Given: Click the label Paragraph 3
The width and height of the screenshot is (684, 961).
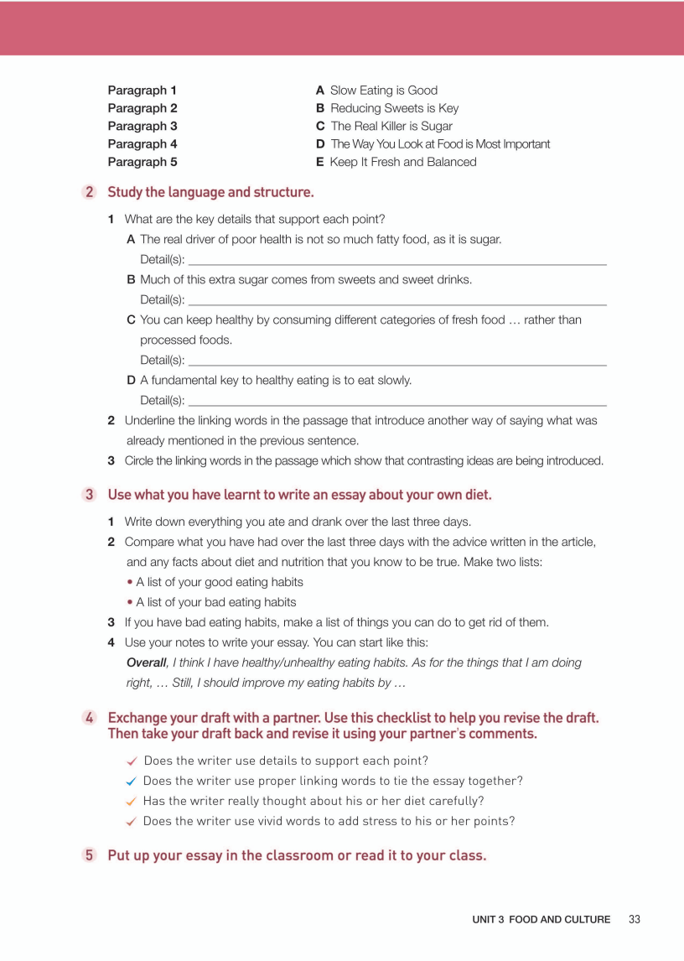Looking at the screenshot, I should pos(142,126).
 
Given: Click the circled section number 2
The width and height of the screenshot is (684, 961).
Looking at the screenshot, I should pos(90,192).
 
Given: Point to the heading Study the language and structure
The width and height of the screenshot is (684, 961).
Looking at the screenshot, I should pos(210,192).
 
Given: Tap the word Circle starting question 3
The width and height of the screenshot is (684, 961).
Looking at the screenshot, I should pos(141,460).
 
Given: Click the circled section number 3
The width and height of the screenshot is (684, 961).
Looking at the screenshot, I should pos(90,495).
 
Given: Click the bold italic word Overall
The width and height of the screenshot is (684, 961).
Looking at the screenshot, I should pos(147,662).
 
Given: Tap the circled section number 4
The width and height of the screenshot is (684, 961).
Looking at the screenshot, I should pos(90,718).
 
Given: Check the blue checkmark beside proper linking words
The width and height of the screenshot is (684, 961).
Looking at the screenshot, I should pos(132,782).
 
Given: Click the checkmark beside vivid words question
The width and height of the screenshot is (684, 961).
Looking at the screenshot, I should pos(132,822).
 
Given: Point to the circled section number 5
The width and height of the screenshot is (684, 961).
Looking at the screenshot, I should pos(90,856).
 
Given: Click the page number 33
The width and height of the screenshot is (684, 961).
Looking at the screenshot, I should pos(634,919).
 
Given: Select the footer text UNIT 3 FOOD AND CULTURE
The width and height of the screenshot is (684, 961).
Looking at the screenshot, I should pos(541,920).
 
